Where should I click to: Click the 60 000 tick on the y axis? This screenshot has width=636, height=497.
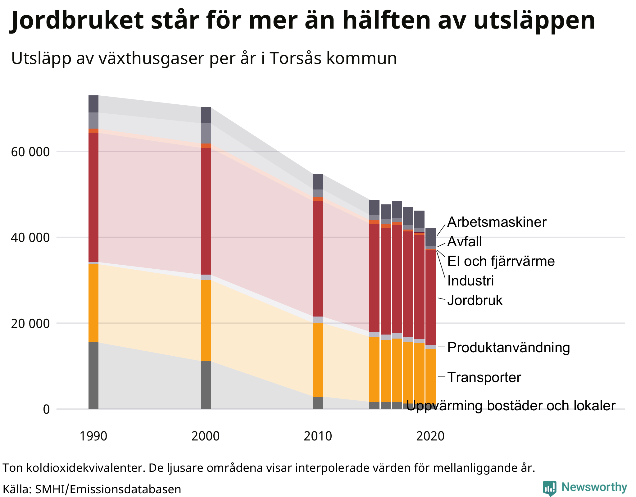pos(30,152)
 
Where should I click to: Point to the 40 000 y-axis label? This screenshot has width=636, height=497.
pos(30,238)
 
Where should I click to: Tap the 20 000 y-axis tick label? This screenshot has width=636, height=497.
pos(30,324)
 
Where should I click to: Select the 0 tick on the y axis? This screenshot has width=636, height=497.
pos(46,409)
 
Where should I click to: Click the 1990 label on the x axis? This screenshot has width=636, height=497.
pos(93,436)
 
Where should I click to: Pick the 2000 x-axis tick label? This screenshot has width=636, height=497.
pos(206,436)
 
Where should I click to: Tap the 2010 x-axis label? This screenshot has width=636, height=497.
pos(318,436)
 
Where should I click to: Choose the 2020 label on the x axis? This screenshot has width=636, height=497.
pos(430,436)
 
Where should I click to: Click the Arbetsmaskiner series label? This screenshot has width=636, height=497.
pos(497,222)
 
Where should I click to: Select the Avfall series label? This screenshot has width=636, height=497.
pos(465,242)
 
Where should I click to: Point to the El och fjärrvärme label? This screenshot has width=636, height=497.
pos(501,261)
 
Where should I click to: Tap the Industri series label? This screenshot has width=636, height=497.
pos(470,281)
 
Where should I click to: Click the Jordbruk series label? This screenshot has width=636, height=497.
pos(475,300)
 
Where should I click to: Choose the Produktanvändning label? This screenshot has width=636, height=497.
pos(508,347)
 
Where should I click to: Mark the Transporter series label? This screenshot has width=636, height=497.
pos(484,377)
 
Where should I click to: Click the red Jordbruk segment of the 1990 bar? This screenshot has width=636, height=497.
pos(93,197)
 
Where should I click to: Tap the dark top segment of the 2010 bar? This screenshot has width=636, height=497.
pos(318,182)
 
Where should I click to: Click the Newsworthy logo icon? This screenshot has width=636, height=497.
pos(549,488)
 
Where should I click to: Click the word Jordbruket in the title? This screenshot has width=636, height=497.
pos(78,21)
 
